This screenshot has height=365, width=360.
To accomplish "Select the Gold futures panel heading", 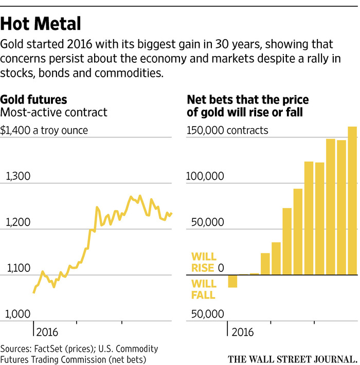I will pyautogui.click(x=34, y=99).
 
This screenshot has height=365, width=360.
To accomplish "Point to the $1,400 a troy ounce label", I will pyautogui.click(x=44, y=130).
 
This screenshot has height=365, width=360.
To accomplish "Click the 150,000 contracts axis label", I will pyautogui.click(x=227, y=130).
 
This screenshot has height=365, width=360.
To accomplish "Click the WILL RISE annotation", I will pyautogui.click(x=204, y=262).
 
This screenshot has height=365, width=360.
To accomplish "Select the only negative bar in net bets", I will pyautogui.click(x=232, y=281).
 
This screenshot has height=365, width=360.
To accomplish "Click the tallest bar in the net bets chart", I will pyautogui.click(x=352, y=201).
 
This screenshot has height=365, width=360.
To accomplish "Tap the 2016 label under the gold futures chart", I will pyautogui.click(x=46, y=332).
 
